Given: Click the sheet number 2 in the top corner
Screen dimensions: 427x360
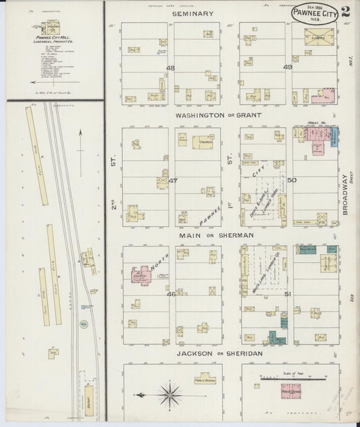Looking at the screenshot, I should click(345, 11).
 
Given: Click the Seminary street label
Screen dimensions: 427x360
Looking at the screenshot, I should click(192, 14).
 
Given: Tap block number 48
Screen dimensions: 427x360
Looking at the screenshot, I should click(170, 68).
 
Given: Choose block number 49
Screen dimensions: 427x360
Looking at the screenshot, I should click(288, 68).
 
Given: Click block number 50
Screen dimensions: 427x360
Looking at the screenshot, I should click(291, 180).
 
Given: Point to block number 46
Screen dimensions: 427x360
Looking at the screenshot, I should click(171, 294).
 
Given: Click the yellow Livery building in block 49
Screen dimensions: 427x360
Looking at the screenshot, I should click(320, 34).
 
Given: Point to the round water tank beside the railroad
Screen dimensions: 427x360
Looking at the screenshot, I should click(84, 325).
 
